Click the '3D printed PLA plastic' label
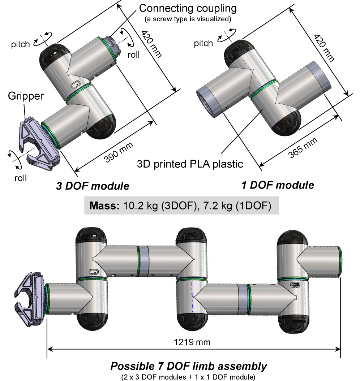click(190, 164)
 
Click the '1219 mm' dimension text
click(192, 341)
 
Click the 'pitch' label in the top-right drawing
click(203, 44)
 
